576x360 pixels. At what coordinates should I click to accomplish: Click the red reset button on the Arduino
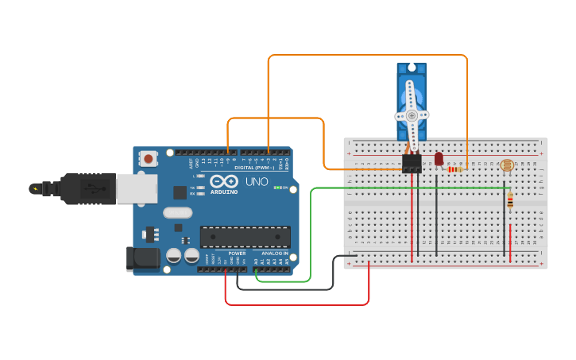point(149,159)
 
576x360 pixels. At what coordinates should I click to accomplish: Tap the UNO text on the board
point(256,181)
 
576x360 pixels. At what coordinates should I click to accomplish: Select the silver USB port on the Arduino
point(136,188)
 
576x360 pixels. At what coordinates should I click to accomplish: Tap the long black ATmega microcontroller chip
point(245,236)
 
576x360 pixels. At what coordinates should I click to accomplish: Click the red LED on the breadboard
point(438,160)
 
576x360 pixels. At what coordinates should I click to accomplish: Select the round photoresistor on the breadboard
point(506,165)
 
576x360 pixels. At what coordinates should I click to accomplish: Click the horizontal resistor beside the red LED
point(455,168)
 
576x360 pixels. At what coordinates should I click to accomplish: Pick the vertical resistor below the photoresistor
point(509,201)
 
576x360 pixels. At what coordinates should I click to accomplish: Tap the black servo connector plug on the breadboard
point(412,164)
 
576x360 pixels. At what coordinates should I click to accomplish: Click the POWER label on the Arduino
point(237,253)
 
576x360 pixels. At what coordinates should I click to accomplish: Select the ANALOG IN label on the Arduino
point(274,253)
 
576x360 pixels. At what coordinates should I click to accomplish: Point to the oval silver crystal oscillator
point(178,212)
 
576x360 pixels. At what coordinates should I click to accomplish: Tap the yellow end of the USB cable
point(34,188)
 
